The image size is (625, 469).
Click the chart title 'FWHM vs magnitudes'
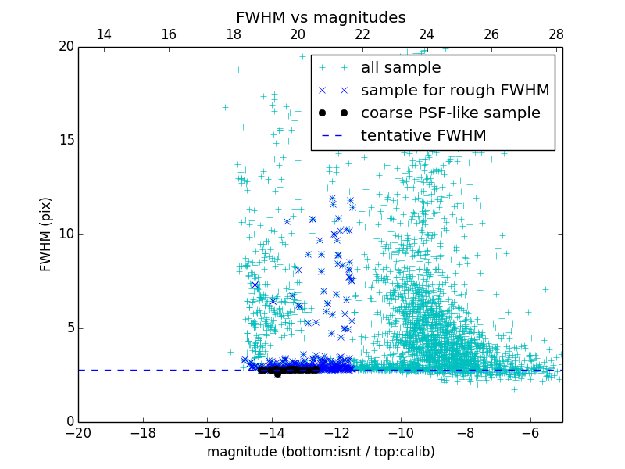click(x=320, y=17)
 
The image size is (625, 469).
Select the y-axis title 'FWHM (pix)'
click(x=46, y=234)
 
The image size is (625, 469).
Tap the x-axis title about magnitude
click(x=320, y=452)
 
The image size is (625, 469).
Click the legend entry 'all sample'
click(x=400, y=68)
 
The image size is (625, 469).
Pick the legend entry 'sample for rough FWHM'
click(x=455, y=91)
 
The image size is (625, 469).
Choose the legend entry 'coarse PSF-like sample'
click(x=450, y=113)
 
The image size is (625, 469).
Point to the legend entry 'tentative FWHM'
click(x=423, y=136)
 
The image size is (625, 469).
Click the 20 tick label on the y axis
click(x=66, y=47)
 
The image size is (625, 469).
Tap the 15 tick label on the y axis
click(x=66, y=141)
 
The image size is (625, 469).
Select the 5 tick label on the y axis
click(x=69, y=328)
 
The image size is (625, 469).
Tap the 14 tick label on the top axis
click(x=103, y=34)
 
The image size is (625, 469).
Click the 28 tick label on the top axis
click(x=555, y=34)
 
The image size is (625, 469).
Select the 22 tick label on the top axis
click(x=362, y=34)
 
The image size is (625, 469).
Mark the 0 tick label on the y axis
click(x=69, y=422)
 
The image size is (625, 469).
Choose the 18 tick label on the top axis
click(x=233, y=34)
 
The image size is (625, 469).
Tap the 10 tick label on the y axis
click(x=66, y=234)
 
